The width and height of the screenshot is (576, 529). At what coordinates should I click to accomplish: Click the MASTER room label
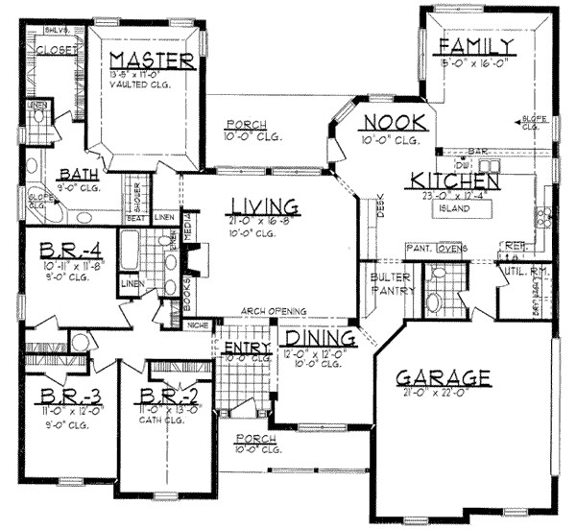pyautogui.click(x=154, y=60)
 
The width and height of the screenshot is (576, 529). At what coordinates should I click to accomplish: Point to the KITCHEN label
pyautogui.click(x=453, y=180)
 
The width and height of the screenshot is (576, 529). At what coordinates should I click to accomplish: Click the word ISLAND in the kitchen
pyautogui.click(x=454, y=207)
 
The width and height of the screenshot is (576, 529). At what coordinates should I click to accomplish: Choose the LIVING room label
pyautogui.click(x=264, y=205)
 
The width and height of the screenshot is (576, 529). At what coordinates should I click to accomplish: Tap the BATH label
pyautogui.click(x=78, y=174)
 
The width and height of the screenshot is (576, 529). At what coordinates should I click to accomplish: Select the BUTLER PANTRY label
pyautogui.click(x=393, y=285)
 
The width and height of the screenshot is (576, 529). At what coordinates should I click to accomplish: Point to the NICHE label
pyautogui.click(x=200, y=325)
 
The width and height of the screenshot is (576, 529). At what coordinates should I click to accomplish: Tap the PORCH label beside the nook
pyautogui.click(x=240, y=125)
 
